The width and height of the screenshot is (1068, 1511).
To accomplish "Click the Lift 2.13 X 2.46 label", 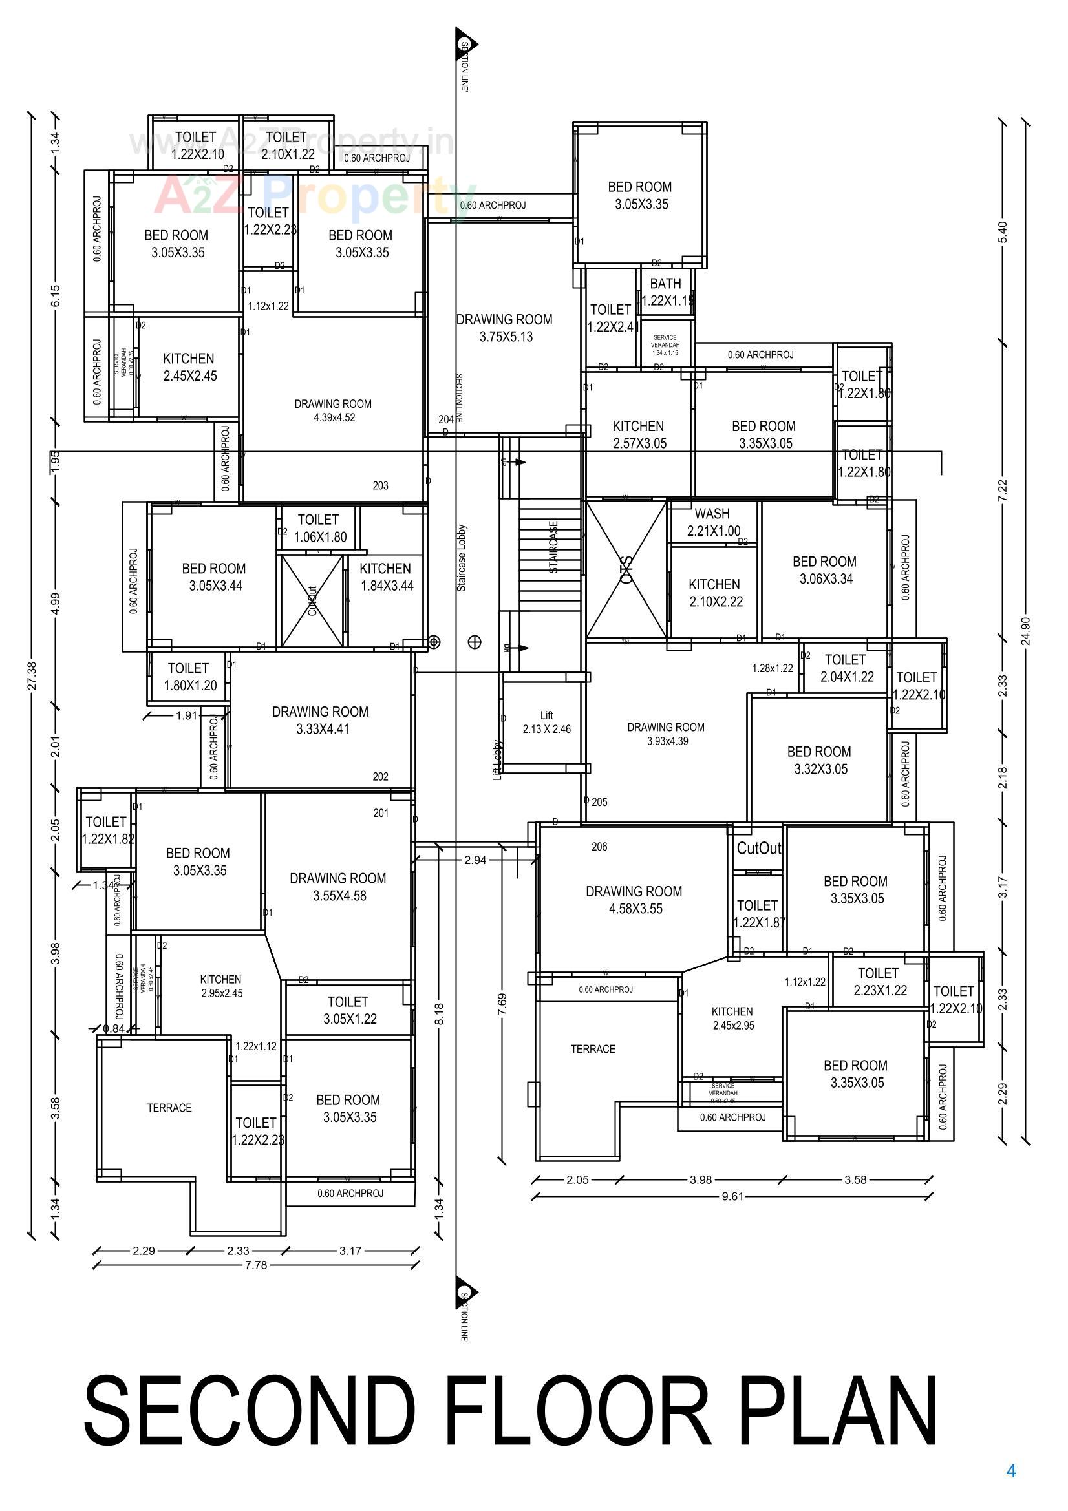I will point(546,722).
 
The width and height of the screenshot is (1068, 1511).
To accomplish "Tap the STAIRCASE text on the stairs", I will point(554,547).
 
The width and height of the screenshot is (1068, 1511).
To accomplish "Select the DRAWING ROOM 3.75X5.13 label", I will point(504,328).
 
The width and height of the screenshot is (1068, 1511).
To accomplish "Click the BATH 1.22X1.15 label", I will point(666,291).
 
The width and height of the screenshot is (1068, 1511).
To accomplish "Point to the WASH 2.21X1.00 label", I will point(712,522).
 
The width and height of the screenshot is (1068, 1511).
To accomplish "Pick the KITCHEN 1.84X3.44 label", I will point(386,576).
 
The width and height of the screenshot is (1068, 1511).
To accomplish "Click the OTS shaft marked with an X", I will point(626,570).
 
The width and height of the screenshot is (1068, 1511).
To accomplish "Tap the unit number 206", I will point(599,847).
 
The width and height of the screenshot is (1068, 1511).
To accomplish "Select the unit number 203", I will point(381,486).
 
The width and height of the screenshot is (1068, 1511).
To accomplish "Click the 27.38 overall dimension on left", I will point(32,675).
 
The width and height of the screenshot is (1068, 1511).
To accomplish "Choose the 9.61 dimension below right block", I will point(732,1196).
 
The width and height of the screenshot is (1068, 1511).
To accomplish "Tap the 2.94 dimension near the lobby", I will point(475,860).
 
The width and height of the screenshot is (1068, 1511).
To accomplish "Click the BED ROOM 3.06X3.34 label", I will point(825,570).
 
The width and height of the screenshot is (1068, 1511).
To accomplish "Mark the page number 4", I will point(1011,1472).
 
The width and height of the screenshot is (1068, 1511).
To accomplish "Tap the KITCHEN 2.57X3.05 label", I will point(639,434).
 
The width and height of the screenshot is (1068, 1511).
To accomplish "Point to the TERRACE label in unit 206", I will point(593,1049).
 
